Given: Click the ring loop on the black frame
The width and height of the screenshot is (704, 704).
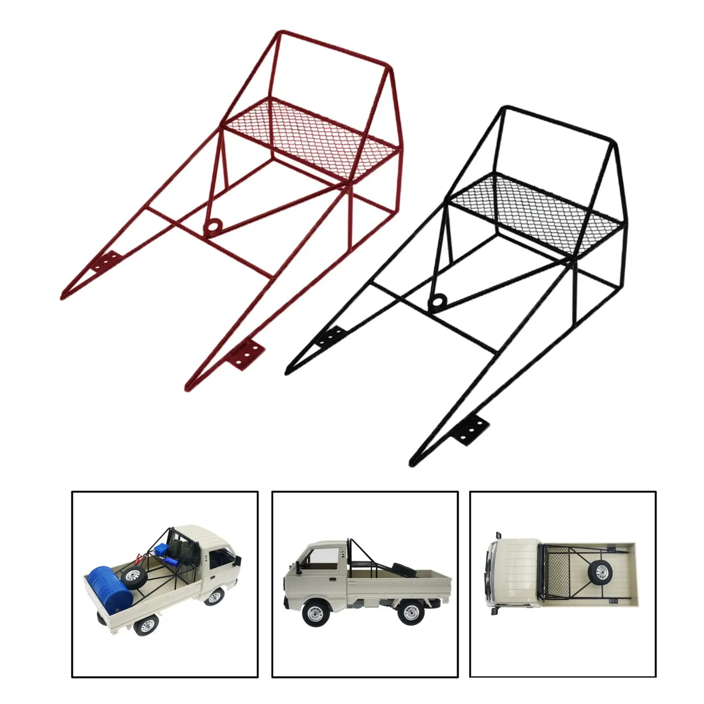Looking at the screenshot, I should click(438, 302).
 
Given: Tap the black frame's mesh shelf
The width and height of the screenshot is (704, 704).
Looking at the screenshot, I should click(537, 211).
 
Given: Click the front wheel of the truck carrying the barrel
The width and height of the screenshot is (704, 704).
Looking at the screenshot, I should click(215, 598).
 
